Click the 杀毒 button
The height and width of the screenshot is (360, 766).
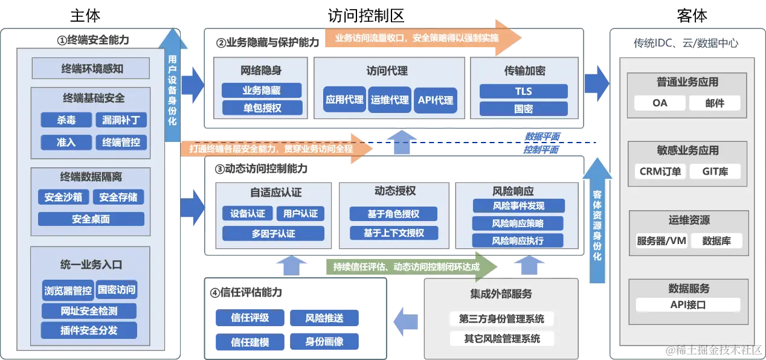(66, 120)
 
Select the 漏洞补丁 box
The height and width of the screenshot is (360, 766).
(121, 120)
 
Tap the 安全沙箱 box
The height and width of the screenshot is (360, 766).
(63, 197)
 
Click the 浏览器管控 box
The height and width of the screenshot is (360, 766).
(68, 290)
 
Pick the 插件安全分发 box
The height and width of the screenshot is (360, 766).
(89, 330)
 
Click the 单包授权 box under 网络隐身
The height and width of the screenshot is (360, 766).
(262, 108)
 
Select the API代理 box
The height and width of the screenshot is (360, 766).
(436, 100)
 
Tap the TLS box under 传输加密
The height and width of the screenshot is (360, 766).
(523, 91)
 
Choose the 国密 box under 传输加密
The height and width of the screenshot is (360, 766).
(523, 109)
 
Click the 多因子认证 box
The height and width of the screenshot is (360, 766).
(273, 234)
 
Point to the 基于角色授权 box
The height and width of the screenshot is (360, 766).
(393, 214)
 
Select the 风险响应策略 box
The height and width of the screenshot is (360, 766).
(518, 223)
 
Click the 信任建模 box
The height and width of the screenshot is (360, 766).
(250, 342)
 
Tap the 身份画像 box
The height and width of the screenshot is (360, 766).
(324, 342)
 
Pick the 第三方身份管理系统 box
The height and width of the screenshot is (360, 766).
(501, 319)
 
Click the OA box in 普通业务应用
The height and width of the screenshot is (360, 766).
(660, 103)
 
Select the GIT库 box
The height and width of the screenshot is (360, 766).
(715, 172)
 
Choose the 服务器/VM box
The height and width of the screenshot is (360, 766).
(661, 240)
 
